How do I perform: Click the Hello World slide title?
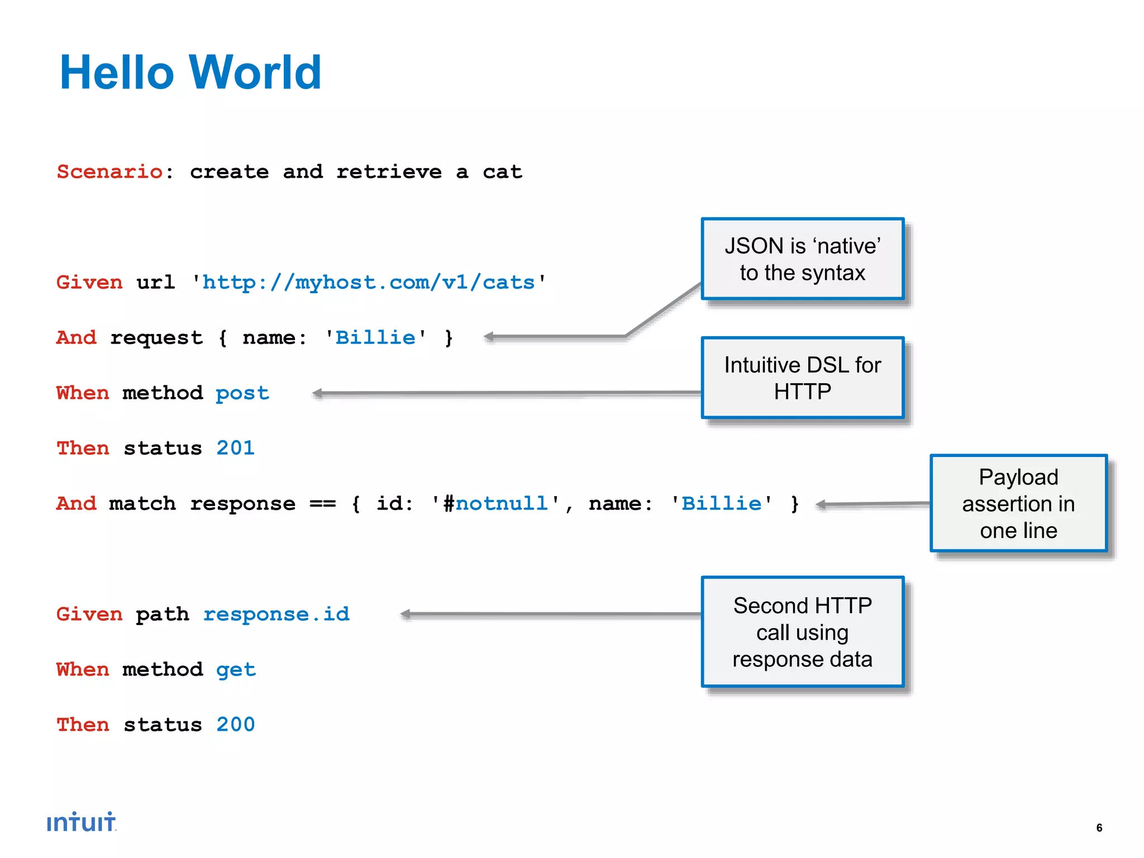coord(190,73)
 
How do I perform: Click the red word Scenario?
coord(109,172)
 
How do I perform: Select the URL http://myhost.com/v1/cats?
coord(368,283)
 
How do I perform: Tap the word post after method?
coord(242,393)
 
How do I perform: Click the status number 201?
coord(235,448)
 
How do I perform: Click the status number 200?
coord(235,724)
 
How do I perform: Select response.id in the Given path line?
coord(276,614)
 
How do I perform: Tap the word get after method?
coord(236,670)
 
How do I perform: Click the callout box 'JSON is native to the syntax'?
coord(802,259)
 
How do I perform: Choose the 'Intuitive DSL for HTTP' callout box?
coord(802,378)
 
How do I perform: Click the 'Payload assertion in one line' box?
coord(1018,503)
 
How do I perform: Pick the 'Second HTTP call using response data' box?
coord(802,632)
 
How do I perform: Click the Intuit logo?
coord(82,822)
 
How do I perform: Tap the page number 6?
coord(1099,828)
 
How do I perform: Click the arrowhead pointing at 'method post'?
coord(318,393)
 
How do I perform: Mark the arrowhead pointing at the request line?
coord(489,337)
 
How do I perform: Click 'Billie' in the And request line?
coord(375,338)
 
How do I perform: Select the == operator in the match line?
coord(323,504)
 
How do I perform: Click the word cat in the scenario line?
coord(502,172)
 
